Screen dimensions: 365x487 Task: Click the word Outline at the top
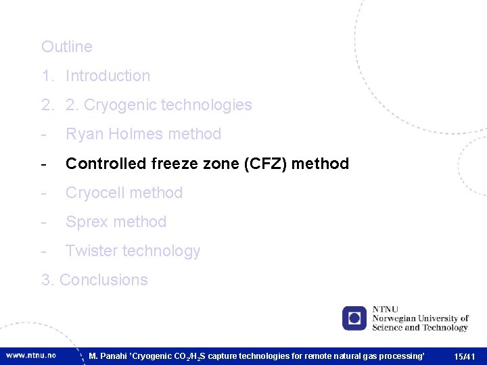(66, 47)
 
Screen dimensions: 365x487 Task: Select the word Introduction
(108, 76)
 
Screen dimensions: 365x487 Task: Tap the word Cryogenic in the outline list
(118, 105)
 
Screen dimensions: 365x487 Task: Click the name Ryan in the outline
(81, 134)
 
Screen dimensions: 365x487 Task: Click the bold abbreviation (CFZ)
(249, 164)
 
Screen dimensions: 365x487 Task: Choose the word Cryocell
(95, 193)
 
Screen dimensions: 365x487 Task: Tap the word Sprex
(85, 222)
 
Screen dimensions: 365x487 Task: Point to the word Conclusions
(103, 280)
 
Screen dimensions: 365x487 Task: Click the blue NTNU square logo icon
(354, 318)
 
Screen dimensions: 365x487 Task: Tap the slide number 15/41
(465, 356)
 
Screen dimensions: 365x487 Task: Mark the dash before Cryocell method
(44, 193)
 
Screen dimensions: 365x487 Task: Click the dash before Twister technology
(44, 251)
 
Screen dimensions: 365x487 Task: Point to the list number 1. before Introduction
(47, 76)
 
